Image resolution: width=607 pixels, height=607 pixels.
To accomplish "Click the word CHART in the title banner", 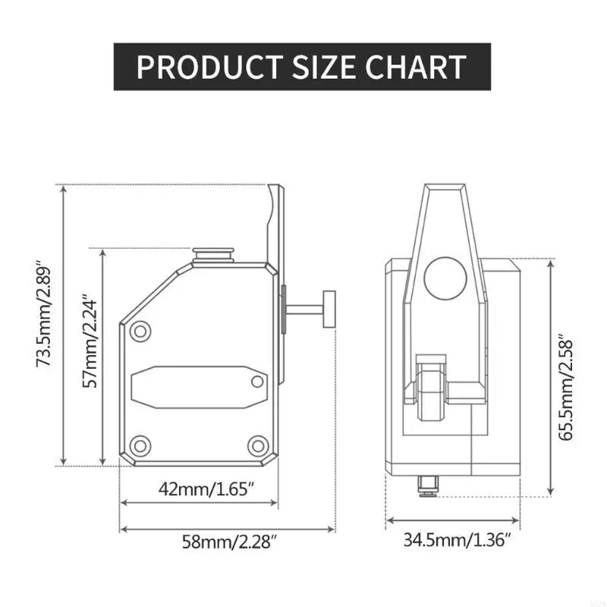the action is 415,67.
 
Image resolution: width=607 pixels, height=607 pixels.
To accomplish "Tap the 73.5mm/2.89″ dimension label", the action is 44,316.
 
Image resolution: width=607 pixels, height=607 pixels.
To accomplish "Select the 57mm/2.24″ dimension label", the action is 90,343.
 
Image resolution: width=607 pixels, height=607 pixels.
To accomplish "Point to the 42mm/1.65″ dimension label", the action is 206,489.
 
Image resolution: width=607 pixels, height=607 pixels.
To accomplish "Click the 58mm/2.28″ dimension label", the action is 230,542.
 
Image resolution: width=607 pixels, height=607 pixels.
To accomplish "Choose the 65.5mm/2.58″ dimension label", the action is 565,390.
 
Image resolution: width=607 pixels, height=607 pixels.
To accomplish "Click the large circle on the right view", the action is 445,278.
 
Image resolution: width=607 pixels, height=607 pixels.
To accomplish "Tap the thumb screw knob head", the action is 329,310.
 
